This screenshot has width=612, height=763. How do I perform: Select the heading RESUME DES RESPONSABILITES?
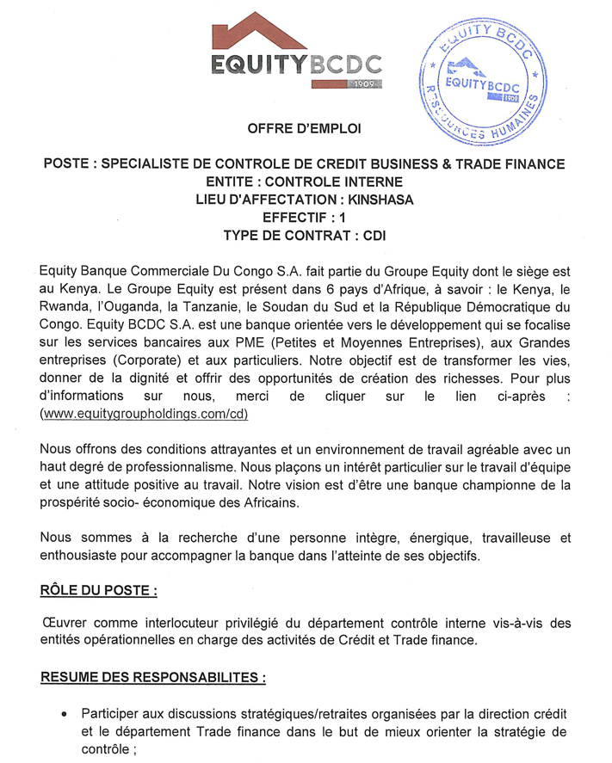pos(152,678)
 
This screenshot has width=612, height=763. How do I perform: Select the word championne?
pos(499,485)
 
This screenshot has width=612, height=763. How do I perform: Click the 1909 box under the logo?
pos(364,84)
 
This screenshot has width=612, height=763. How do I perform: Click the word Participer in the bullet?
pos(113,715)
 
